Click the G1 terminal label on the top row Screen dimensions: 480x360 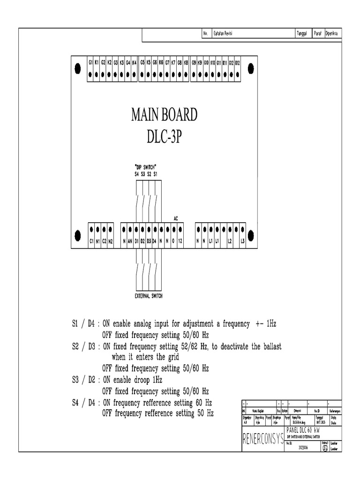pos(90,62)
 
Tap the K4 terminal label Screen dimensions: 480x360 pos(134,62)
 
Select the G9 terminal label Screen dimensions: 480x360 pos(194,62)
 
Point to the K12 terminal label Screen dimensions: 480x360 pos(238,62)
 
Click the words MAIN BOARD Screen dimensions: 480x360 pos(164,115)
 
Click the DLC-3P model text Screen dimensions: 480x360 pos(164,137)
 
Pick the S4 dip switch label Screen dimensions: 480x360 pos(137,174)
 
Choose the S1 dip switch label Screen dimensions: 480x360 pos(155,174)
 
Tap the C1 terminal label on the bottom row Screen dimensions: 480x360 pos(91,241)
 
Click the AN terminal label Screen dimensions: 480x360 pos(130,241)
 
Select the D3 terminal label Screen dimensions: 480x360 pos(149,241)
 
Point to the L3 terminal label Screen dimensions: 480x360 pos(242,241)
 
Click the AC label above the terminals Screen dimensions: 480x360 pos(176,218)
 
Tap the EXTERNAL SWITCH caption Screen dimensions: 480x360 pos(149,296)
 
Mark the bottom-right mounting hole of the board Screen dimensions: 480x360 pos(251,234)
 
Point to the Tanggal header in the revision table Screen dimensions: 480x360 pos(302,34)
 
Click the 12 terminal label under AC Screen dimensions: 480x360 pos(180,241)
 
